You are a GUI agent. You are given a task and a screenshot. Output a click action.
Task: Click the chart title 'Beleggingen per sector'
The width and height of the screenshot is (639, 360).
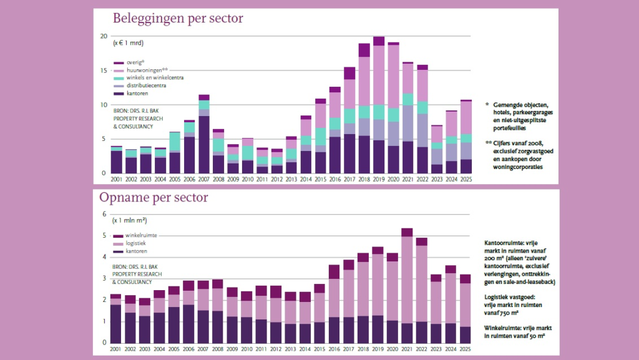[177, 18]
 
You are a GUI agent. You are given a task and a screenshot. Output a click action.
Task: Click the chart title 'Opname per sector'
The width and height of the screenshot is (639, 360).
[154, 198]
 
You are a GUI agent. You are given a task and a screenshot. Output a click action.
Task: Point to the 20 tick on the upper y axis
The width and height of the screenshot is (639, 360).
[104, 36]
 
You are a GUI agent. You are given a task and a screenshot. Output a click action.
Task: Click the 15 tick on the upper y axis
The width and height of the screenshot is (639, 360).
[104, 71]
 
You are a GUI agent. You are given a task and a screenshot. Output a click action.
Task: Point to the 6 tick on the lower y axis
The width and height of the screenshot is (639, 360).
[105, 214]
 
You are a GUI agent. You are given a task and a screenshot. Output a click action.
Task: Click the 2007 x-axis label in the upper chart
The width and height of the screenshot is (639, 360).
[203, 180]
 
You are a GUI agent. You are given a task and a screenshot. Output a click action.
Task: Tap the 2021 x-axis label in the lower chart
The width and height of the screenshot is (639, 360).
[406, 349]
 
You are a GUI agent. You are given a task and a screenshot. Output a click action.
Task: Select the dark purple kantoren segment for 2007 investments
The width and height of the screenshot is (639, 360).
[203, 144]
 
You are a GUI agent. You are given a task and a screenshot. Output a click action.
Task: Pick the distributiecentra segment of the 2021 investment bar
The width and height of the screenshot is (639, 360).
[407, 124]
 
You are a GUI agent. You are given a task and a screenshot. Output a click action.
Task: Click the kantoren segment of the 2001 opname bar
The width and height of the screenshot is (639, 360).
[116, 323]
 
